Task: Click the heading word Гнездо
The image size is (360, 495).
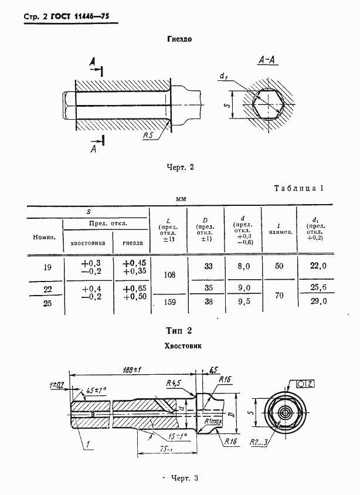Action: pyautogui.click(x=180, y=39)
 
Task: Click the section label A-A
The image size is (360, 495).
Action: pyautogui.click(x=267, y=60)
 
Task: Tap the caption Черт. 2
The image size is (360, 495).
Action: pyautogui.click(x=180, y=167)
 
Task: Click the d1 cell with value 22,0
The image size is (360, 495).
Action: pyautogui.click(x=317, y=266)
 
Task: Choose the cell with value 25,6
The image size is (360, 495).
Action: pyautogui.click(x=317, y=288)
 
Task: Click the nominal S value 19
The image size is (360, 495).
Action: pyautogui.click(x=47, y=267)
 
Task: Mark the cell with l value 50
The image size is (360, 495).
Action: pyautogui.click(x=279, y=266)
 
